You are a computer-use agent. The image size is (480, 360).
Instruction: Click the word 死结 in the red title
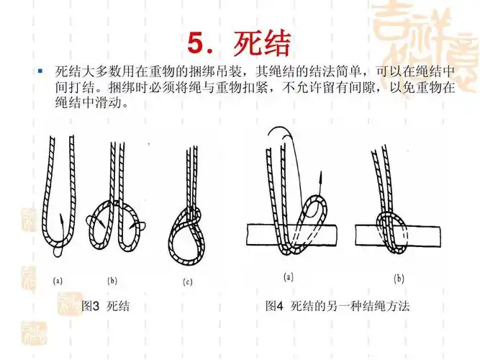262,43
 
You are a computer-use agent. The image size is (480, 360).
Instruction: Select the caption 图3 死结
105,306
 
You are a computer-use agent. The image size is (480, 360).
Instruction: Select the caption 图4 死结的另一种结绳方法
338,306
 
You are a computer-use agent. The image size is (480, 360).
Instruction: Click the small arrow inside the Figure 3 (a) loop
63,219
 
